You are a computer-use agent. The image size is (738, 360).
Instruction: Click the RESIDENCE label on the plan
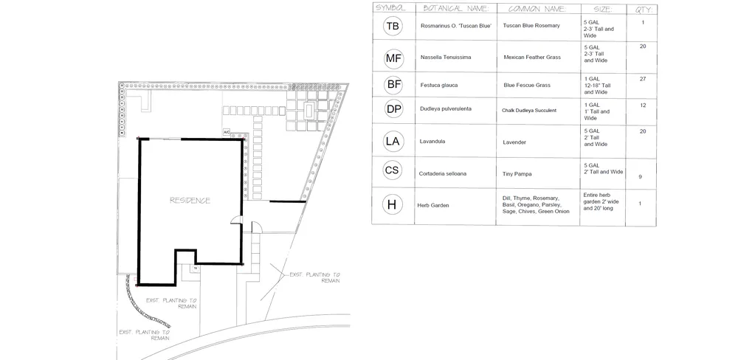[x=190, y=200]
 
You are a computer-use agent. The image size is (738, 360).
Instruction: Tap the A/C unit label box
[x=227, y=132]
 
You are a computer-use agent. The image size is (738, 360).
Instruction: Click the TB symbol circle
[x=393, y=27]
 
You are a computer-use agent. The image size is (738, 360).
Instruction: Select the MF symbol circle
[x=393, y=58]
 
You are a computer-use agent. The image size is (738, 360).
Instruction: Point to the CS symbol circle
[x=393, y=171]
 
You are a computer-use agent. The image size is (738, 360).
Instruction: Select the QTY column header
[x=641, y=8]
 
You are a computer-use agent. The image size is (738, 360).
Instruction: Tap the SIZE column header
[x=598, y=8]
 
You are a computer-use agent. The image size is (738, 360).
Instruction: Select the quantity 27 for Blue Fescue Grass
[x=642, y=78]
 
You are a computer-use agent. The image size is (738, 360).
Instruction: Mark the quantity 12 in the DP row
[x=642, y=105]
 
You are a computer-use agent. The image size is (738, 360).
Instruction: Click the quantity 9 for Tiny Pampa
[x=639, y=177]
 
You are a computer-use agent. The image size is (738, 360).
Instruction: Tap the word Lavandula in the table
[x=435, y=140]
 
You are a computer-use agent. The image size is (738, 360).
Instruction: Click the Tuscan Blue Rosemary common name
[x=531, y=26]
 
